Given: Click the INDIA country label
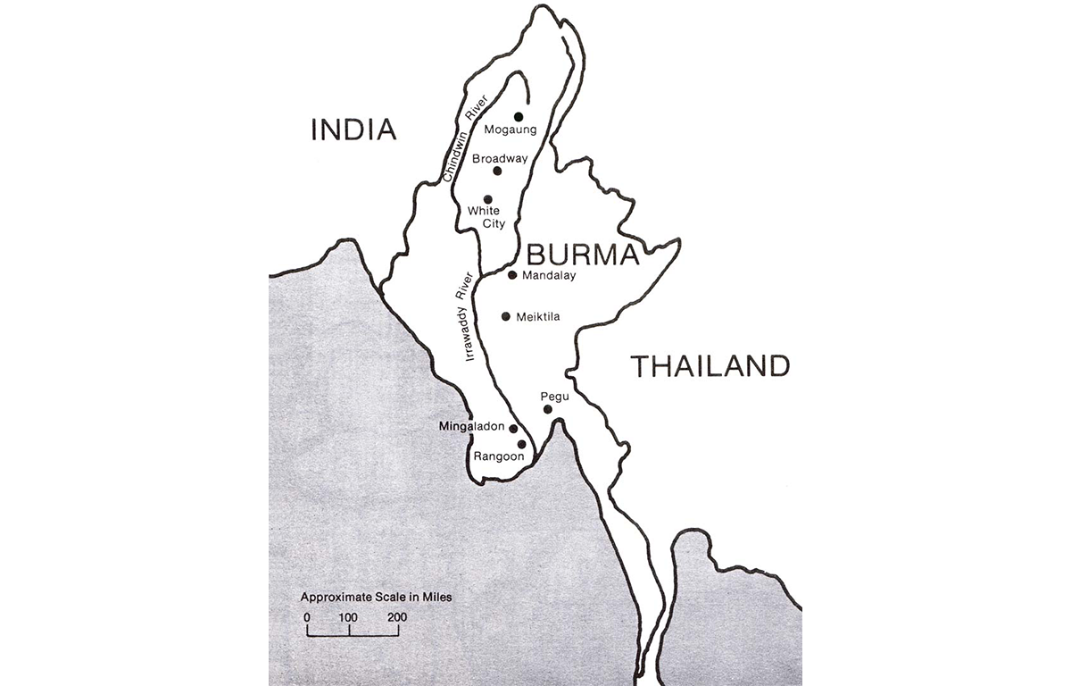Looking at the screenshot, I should [x=353, y=130].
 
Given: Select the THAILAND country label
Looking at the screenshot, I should [x=710, y=366].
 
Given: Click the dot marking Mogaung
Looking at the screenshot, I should [x=519, y=116].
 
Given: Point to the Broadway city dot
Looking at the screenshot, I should [x=498, y=171].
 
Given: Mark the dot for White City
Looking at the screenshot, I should [x=487, y=199].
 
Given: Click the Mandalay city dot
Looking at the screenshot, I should [x=512, y=275].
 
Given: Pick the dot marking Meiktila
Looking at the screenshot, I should [x=506, y=316].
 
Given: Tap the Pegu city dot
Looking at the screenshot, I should [x=548, y=409].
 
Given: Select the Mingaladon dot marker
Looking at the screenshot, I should [x=512, y=429].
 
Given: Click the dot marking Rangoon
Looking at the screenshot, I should [x=521, y=444].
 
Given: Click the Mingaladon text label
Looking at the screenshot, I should [x=472, y=427].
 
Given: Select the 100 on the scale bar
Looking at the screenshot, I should [x=348, y=617].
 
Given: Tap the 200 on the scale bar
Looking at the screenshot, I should [x=397, y=617].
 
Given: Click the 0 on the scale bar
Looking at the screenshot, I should [x=307, y=617].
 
